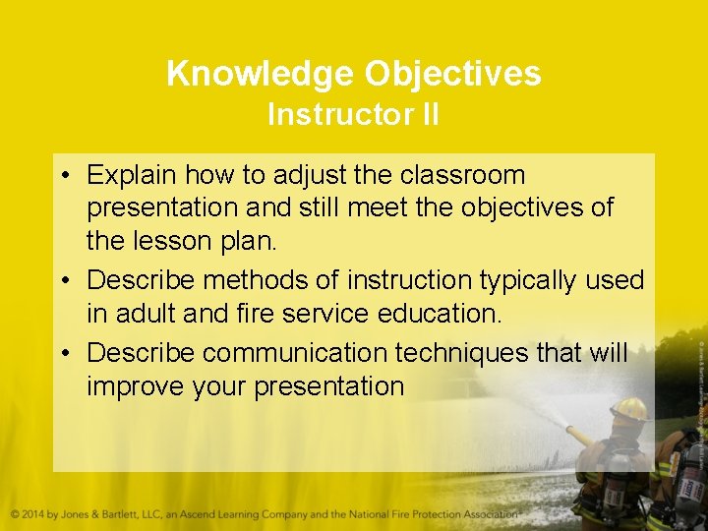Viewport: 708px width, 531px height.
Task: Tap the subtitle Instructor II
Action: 353,115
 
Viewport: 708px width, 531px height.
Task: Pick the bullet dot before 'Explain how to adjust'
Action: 62,176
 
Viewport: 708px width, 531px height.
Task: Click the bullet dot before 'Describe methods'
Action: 62,281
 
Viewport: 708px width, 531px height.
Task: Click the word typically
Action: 531,281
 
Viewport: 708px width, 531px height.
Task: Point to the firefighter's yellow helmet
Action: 628,408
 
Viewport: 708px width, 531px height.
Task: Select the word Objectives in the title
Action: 453,74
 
